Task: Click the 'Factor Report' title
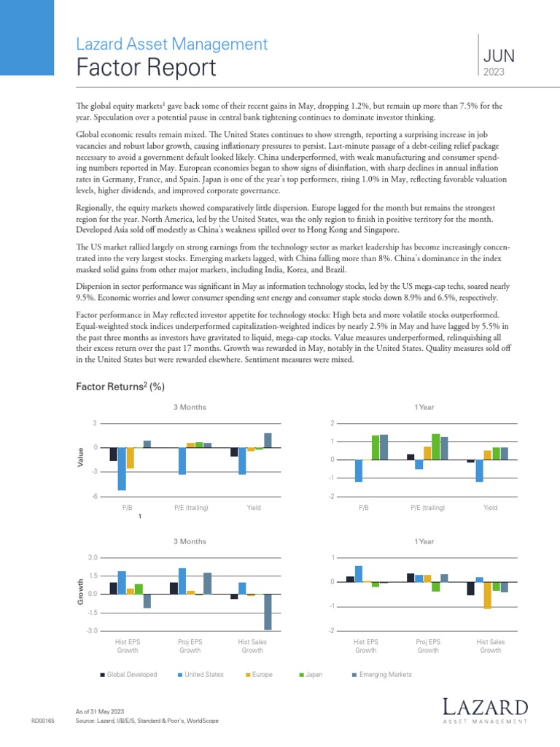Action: [x=146, y=68]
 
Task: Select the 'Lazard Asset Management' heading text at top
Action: [x=171, y=44]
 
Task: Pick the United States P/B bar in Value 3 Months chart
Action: [x=122, y=468]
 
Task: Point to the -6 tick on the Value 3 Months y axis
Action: [x=95, y=496]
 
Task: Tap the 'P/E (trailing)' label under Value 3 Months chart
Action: [x=190, y=507]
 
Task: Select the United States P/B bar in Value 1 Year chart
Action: [x=359, y=471]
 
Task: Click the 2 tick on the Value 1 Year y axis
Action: [x=332, y=423]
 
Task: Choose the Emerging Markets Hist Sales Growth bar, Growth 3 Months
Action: [x=268, y=612]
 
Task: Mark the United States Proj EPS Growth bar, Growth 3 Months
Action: [x=182, y=581]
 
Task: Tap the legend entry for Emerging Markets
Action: [x=382, y=675]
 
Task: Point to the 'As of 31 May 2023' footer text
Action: [x=101, y=711]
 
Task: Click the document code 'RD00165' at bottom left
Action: [x=43, y=721]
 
